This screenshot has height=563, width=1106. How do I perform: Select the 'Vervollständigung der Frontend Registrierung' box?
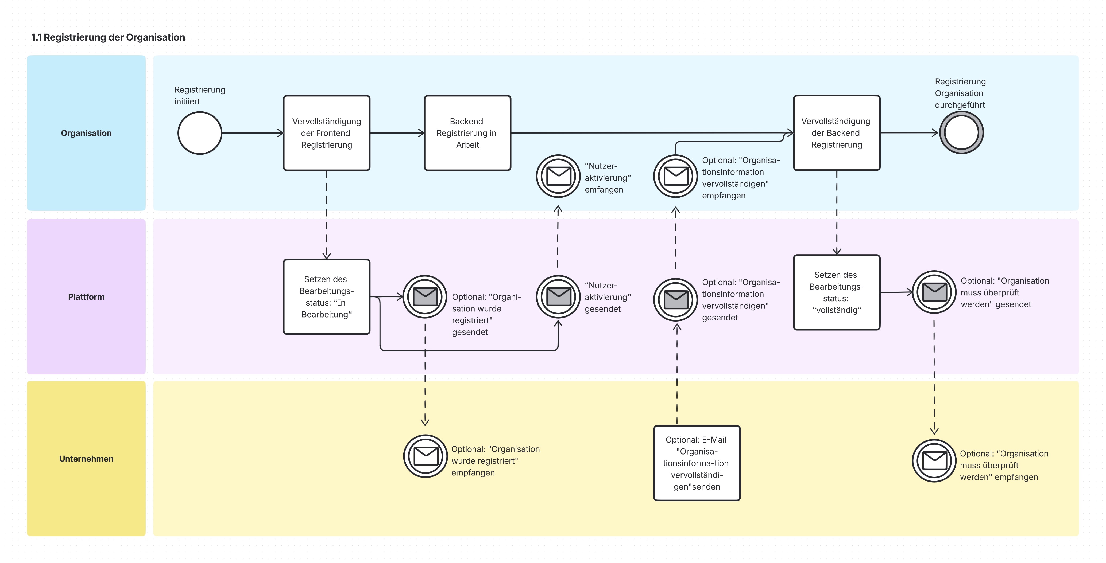327,133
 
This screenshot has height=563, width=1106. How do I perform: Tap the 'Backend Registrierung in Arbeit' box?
467,133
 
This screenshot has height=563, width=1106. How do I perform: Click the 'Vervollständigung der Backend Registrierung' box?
837,133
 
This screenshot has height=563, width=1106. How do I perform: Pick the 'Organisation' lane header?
86,133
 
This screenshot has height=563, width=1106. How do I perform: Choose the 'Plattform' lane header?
86,296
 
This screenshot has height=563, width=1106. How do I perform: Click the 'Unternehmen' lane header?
86,459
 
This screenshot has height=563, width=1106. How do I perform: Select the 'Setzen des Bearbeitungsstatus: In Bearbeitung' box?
327,296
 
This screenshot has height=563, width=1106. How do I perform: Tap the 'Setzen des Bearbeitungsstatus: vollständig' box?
837,292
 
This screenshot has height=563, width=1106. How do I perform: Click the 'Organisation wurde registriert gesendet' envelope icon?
425,296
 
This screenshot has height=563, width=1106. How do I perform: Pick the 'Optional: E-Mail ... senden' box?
697,463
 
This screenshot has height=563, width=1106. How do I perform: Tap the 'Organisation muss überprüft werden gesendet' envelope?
934,292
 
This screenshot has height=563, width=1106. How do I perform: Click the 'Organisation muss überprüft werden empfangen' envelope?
934,461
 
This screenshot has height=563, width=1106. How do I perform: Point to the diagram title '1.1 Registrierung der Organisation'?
108,37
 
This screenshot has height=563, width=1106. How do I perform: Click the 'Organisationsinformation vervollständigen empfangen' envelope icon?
676,176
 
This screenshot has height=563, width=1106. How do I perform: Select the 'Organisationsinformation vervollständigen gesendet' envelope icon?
676,299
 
